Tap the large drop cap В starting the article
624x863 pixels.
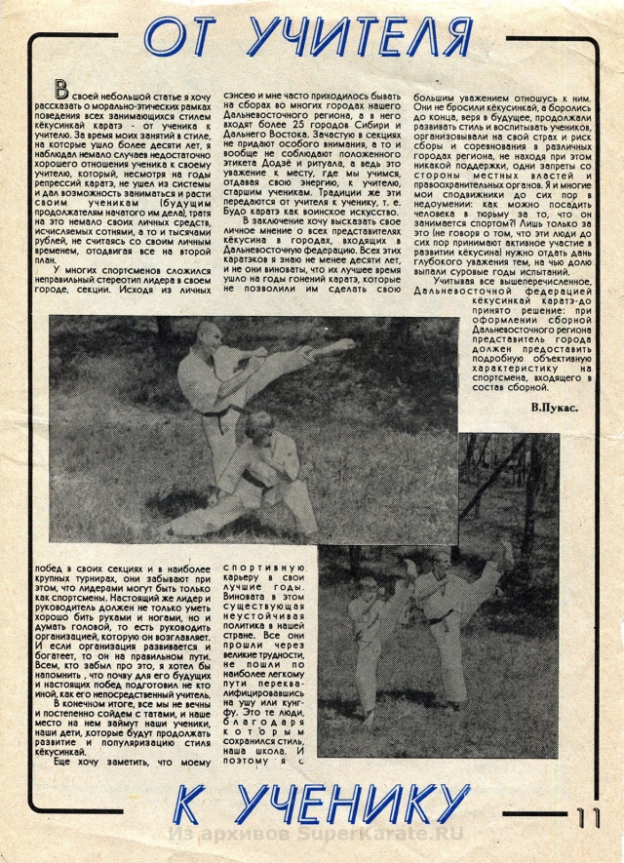(62, 92)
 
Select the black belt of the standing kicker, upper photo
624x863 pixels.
(226, 412)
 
